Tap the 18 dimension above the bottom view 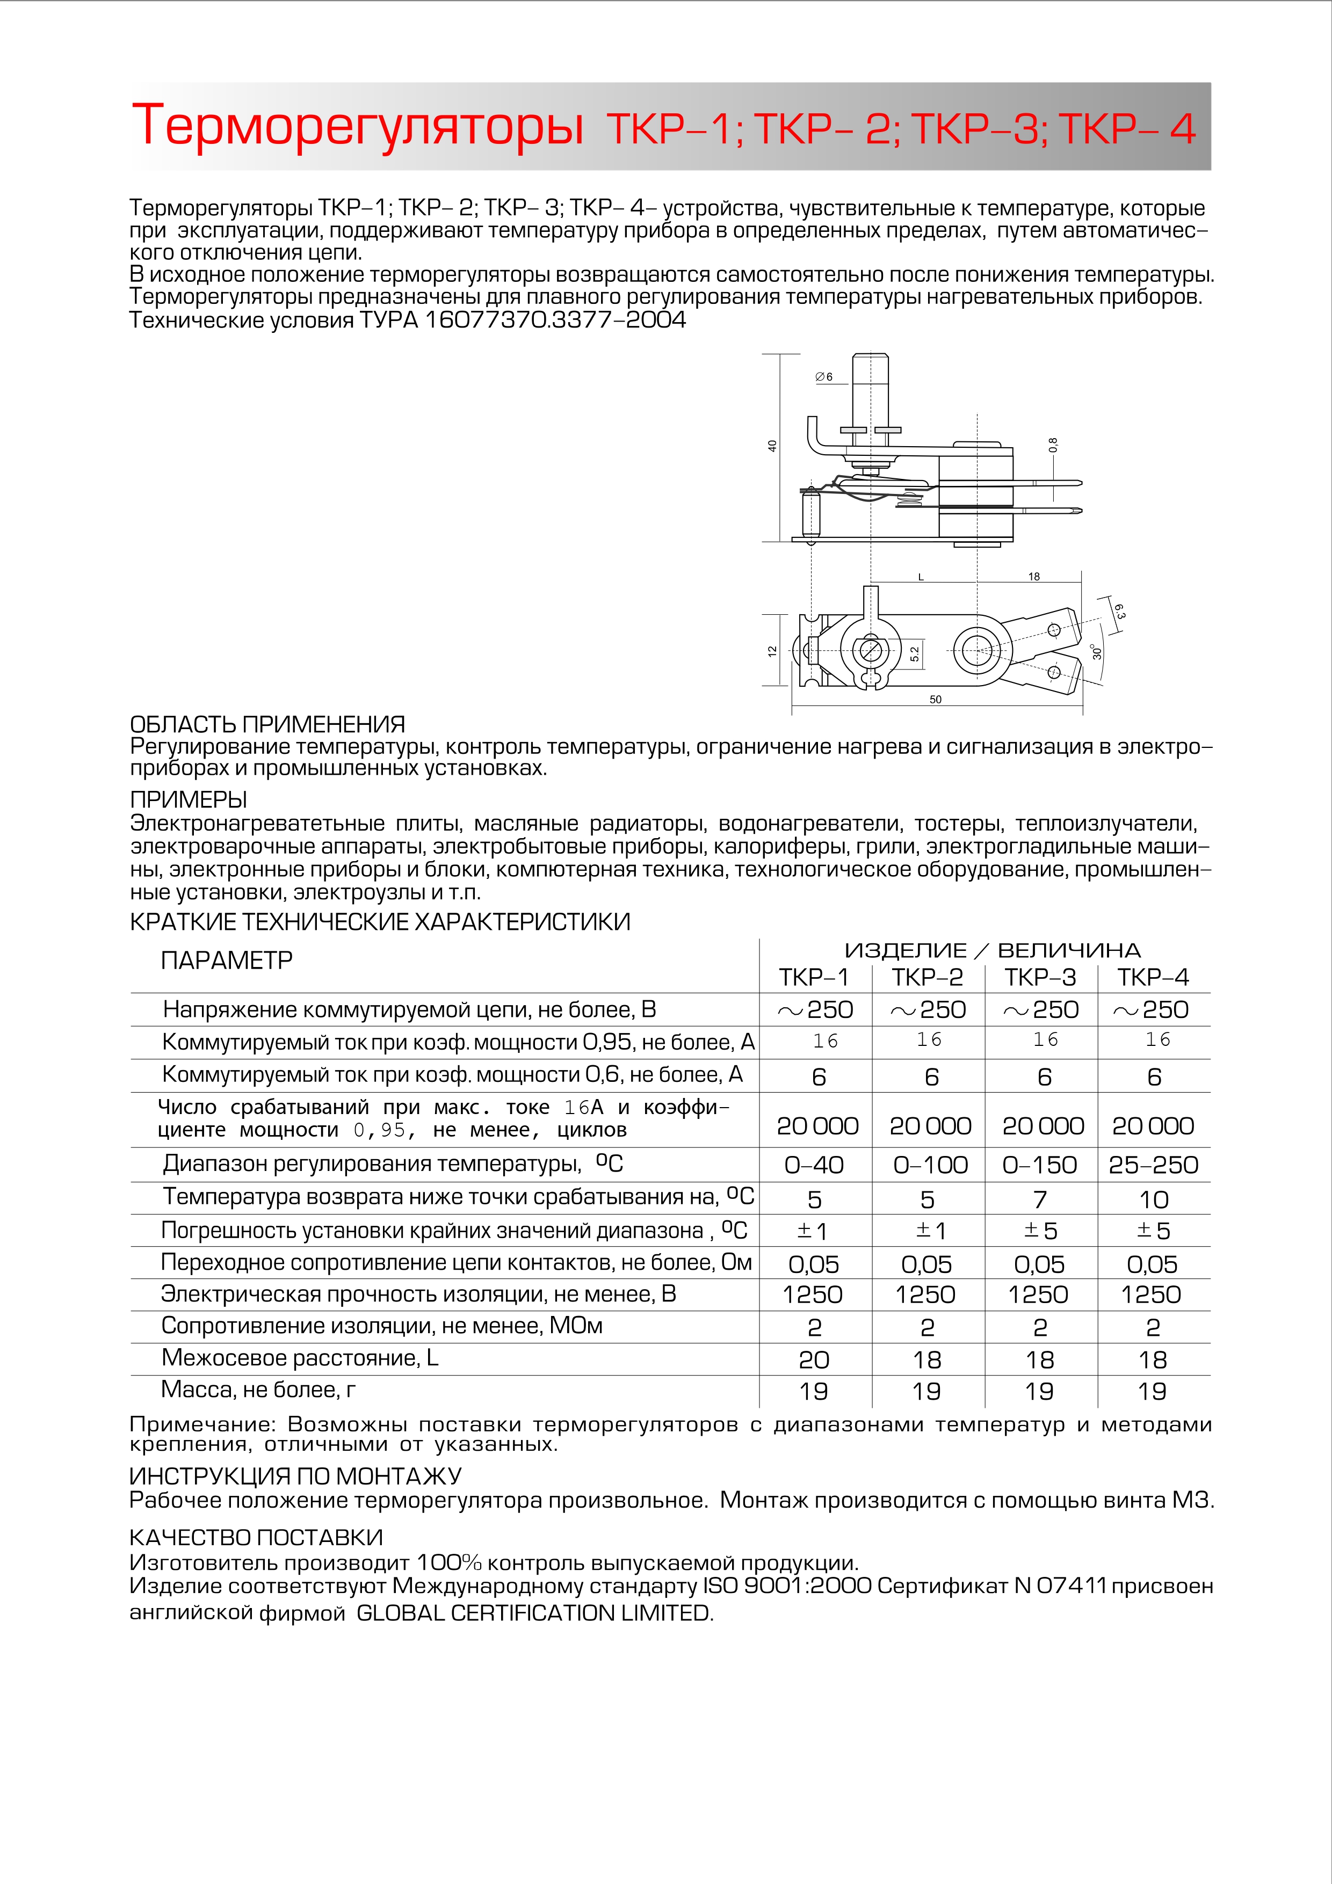pos(1033,577)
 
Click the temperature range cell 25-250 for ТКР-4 pos(1153,1165)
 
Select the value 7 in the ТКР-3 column pos(1040,1199)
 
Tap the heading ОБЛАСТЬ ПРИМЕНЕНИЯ pos(267,724)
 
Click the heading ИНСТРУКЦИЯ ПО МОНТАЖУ pos(295,1476)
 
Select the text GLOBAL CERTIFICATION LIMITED pos(535,1613)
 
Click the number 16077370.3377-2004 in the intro pos(555,320)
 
